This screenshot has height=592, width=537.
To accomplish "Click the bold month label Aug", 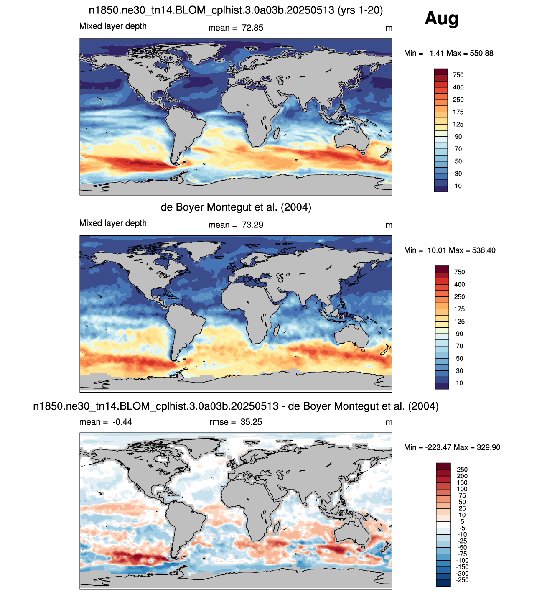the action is (x=441, y=18).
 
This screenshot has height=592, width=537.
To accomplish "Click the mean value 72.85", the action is (x=252, y=28).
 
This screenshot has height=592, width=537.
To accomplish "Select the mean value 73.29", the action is (x=252, y=225).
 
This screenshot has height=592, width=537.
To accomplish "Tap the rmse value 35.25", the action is (x=251, y=422).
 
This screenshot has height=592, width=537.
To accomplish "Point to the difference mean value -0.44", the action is (x=122, y=422).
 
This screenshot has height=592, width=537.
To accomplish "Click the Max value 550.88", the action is (x=481, y=53).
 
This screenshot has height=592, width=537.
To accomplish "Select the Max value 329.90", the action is (x=489, y=447).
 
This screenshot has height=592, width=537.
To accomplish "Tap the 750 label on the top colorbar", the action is (x=458, y=75).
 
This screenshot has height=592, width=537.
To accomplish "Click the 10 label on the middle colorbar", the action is (x=459, y=383).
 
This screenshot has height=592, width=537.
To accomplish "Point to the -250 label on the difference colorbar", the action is (x=462, y=580).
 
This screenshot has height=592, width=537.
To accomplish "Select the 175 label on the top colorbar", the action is (x=458, y=112).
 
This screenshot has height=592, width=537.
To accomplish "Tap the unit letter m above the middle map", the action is (x=389, y=225).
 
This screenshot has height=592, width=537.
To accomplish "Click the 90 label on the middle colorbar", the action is (x=459, y=334).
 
